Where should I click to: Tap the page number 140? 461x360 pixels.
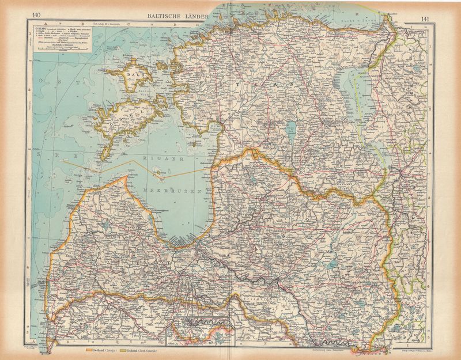(x=37, y=15)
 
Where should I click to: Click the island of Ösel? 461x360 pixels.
(x=124, y=118)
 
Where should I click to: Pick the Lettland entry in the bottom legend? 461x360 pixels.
(x=97, y=350)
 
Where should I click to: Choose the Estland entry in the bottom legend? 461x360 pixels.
(x=141, y=350)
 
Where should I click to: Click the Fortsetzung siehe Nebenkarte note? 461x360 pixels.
(x=328, y=348)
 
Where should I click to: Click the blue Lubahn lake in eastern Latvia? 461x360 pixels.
(x=331, y=265)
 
